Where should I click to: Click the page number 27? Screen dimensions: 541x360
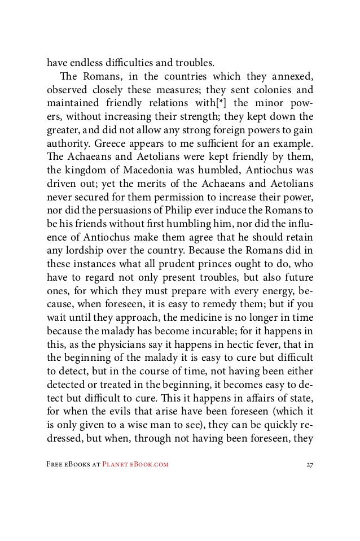click(x=308, y=465)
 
